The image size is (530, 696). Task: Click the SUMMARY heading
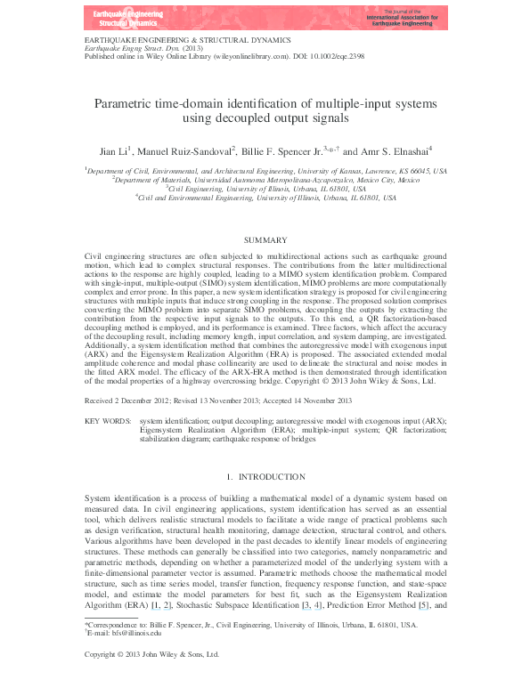click(265, 240)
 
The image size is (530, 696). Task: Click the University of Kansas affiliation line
click(265, 168)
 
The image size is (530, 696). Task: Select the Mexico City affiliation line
click(265, 178)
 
